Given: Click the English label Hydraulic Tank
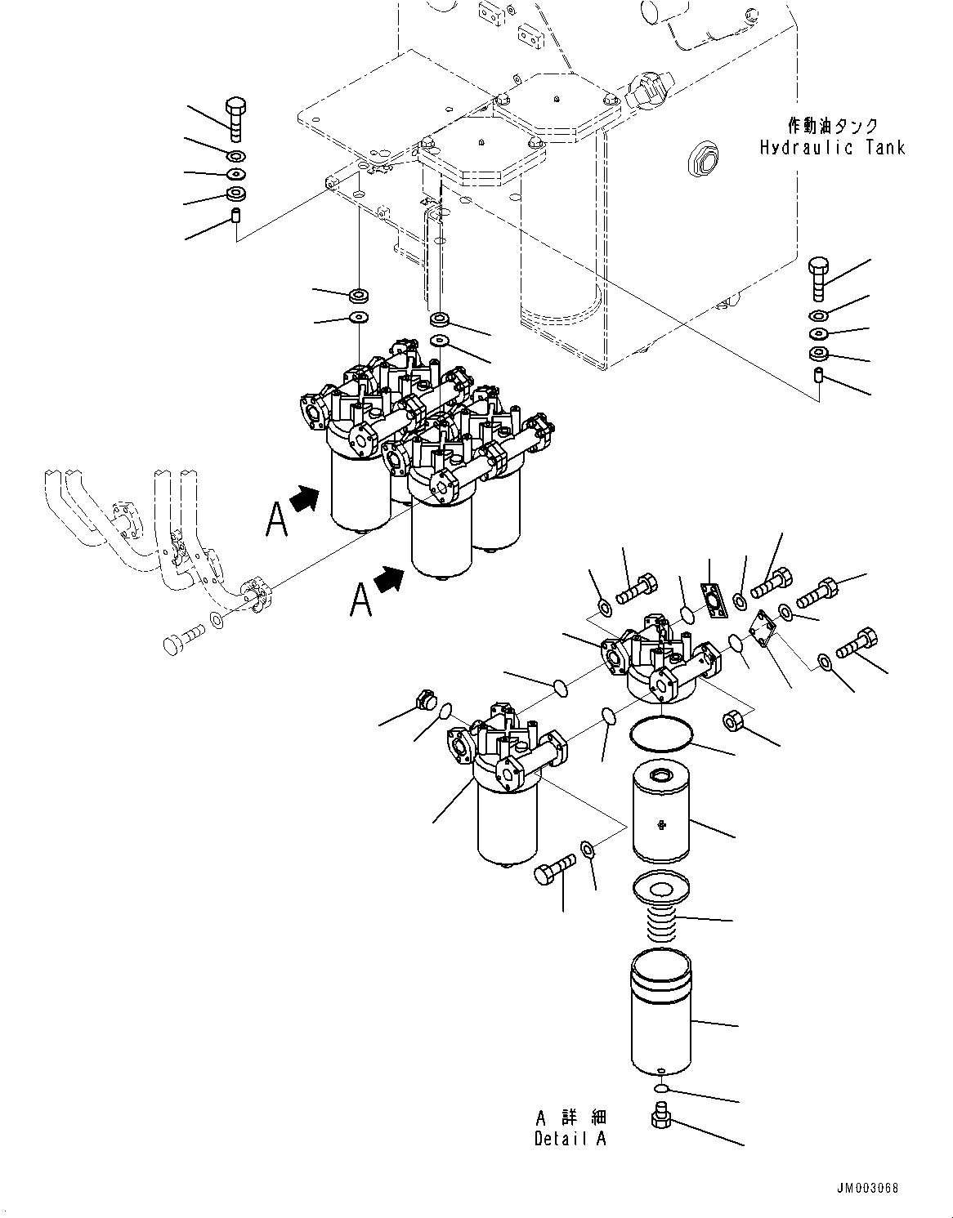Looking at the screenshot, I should click(832, 148).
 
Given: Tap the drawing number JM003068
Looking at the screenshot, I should click(867, 1188).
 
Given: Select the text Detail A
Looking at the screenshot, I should click(570, 1139).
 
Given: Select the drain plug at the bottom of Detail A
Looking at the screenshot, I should click(660, 1116).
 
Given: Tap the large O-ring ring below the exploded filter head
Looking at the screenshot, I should click(661, 733).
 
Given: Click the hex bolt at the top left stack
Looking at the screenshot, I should click(234, 118).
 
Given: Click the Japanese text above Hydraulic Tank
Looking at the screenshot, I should click(832, 126).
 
